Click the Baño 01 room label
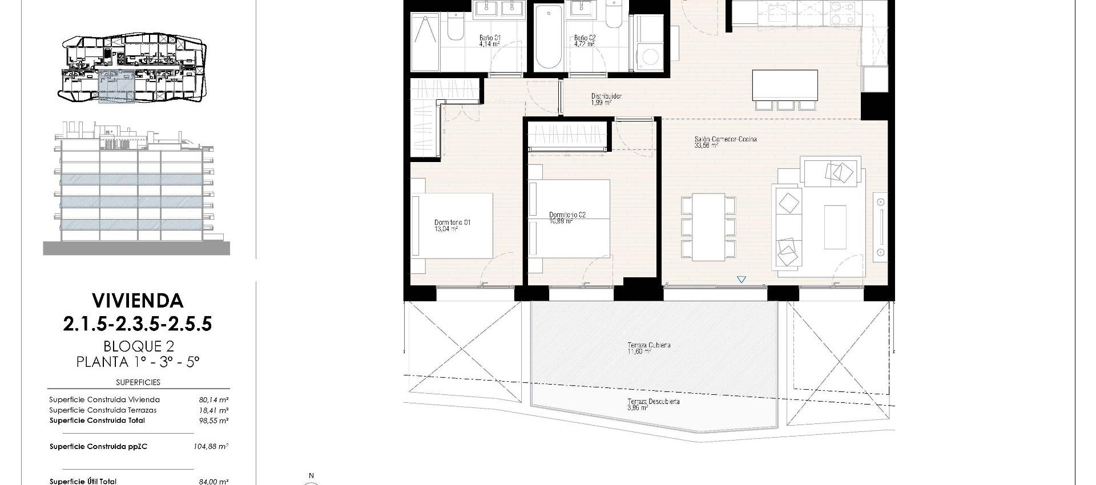point(489,38)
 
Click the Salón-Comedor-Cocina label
point(725,139)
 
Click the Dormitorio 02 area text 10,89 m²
point(561,221)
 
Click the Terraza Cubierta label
point(648,345)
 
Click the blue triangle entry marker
point(741,280)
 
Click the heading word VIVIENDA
point(138,301)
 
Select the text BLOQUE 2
point(138,346)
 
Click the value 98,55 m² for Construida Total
point(211,421)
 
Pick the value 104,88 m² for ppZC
point(211,447)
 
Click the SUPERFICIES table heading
point(138,382)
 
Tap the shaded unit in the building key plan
point(116,87)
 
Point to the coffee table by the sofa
point(835,227)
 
